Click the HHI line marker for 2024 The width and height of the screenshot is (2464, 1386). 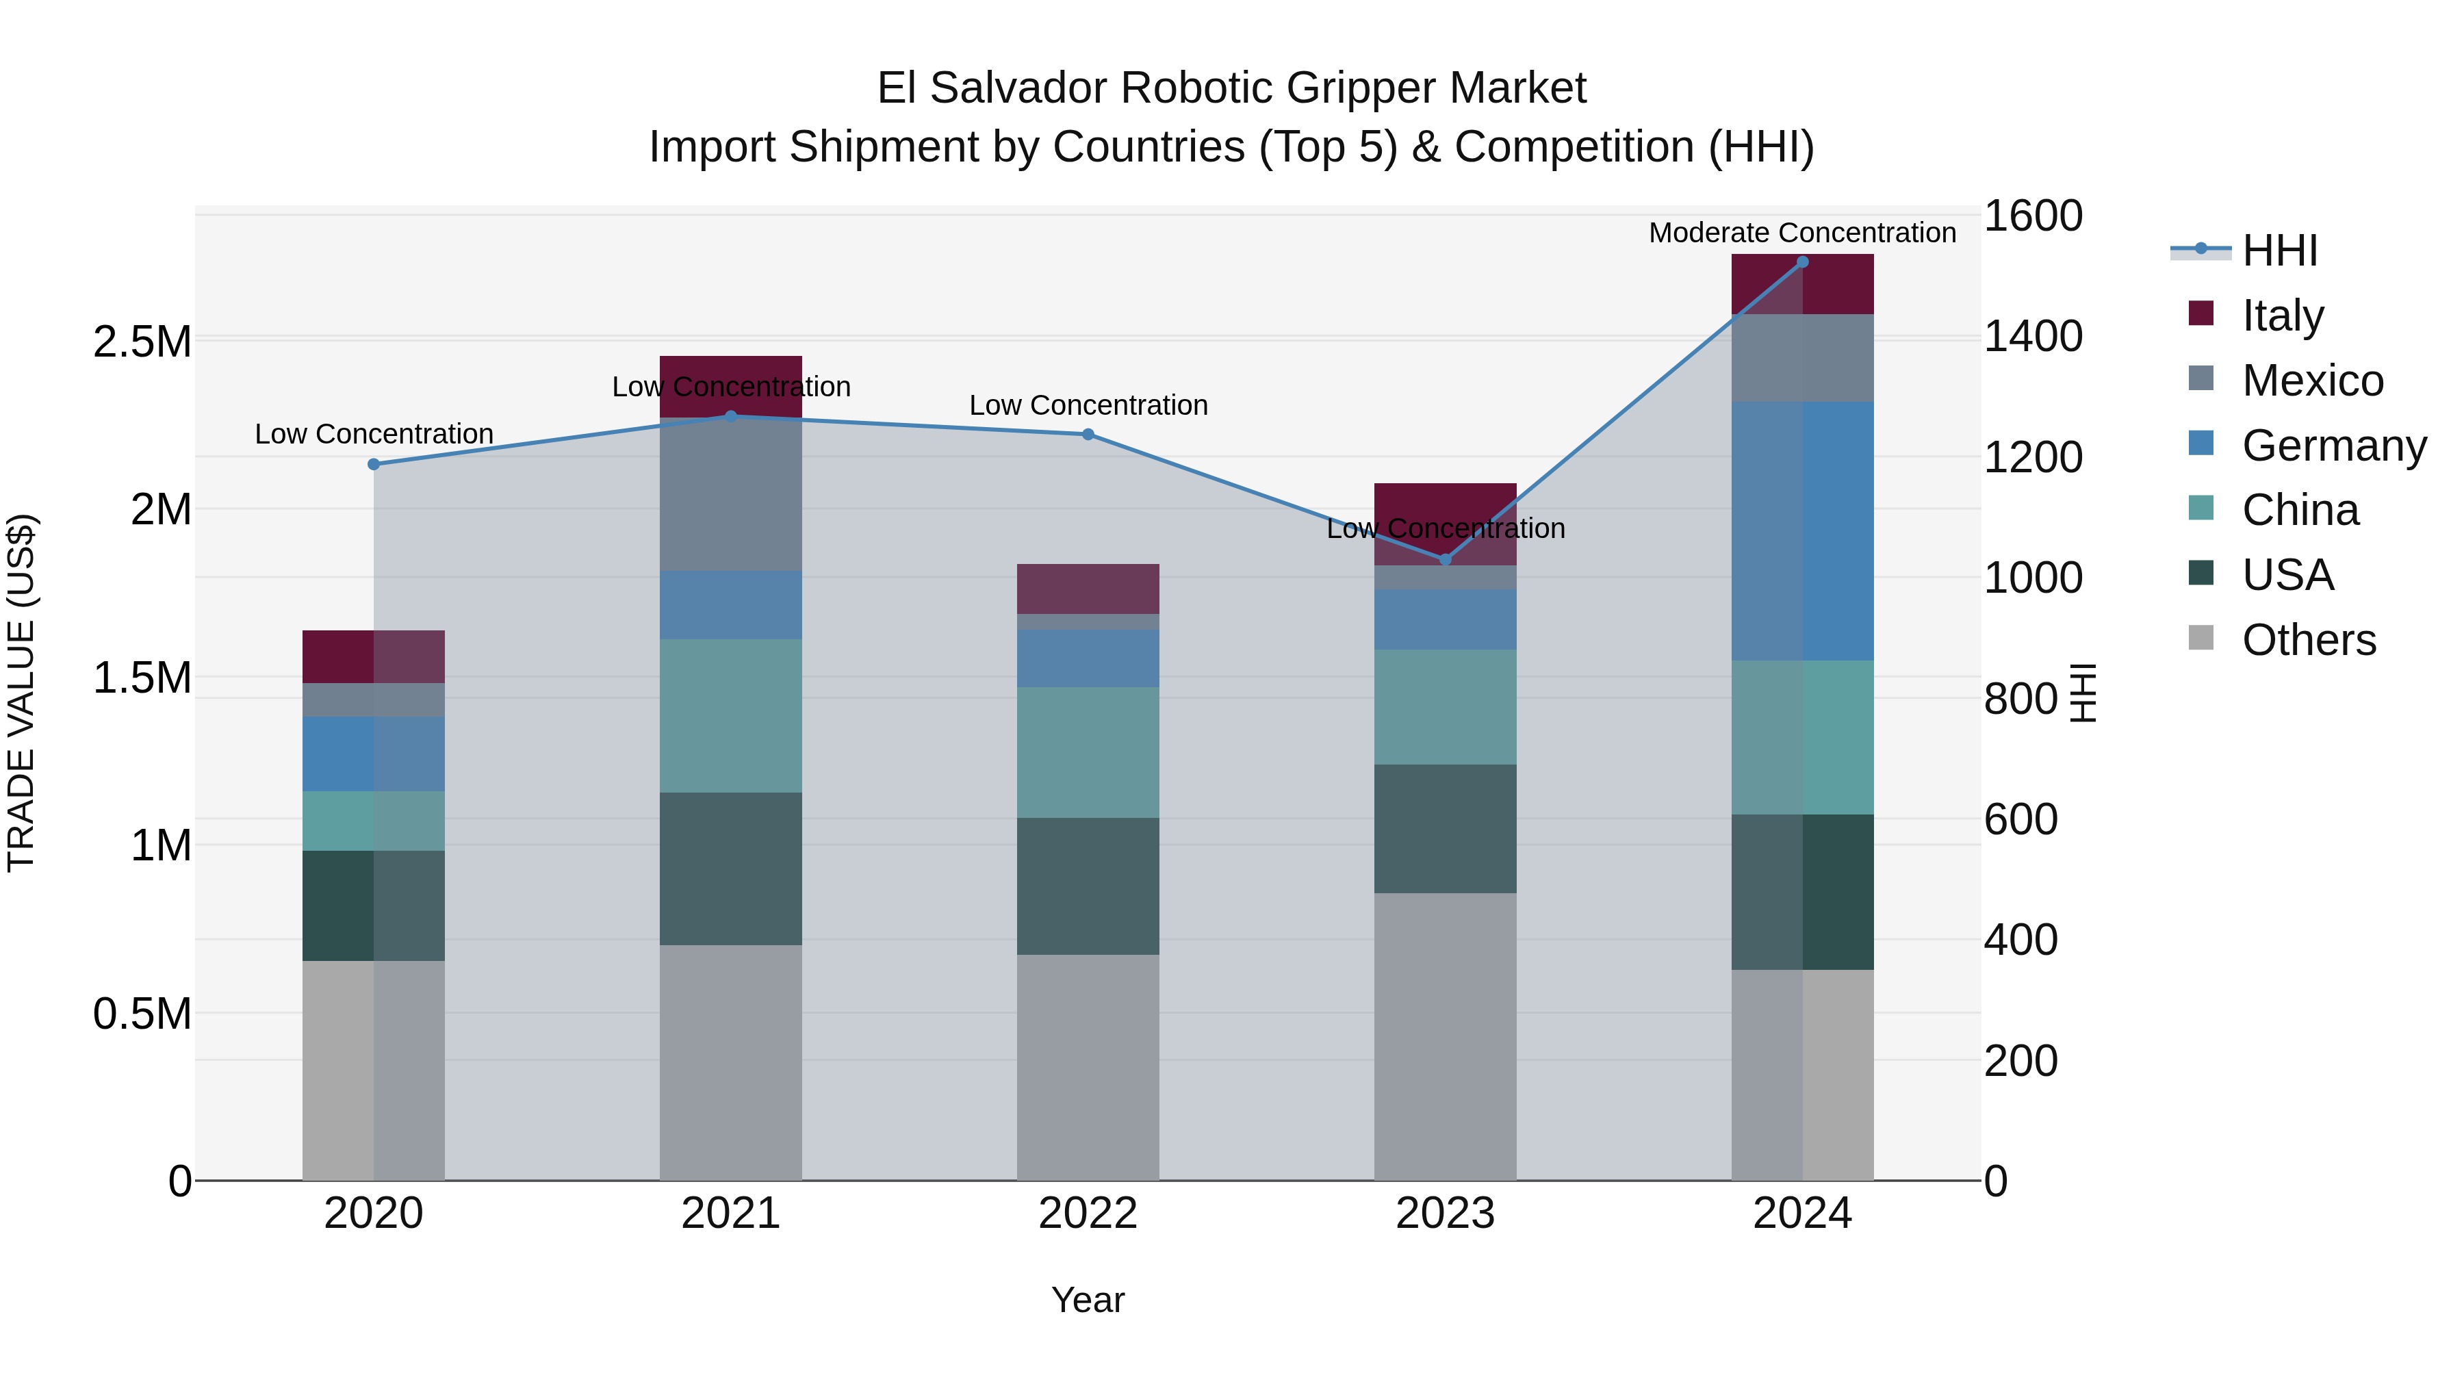[1802, 261]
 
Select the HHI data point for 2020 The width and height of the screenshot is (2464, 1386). [374, 464]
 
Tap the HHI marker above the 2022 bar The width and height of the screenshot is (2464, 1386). [1088, 434]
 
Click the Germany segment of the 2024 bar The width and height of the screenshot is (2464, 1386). [1802, 531]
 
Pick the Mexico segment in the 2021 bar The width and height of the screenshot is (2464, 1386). [731, 496]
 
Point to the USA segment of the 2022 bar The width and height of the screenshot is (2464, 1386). [1088, 886]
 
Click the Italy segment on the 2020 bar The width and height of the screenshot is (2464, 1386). [374, 656]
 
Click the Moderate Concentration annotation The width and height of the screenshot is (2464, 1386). [1802, 233]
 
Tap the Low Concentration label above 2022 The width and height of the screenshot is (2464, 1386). [1088, 406]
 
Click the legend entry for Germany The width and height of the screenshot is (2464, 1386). [2333, 446]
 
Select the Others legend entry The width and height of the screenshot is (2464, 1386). [2308, 640]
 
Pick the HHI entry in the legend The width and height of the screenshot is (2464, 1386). [2279, 251]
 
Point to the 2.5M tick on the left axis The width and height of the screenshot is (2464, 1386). [142, 342]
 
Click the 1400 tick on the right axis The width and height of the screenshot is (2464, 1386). [2033, 337]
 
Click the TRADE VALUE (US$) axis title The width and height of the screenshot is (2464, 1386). [21, 693]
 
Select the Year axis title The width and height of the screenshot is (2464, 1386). [1088, 1300]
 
